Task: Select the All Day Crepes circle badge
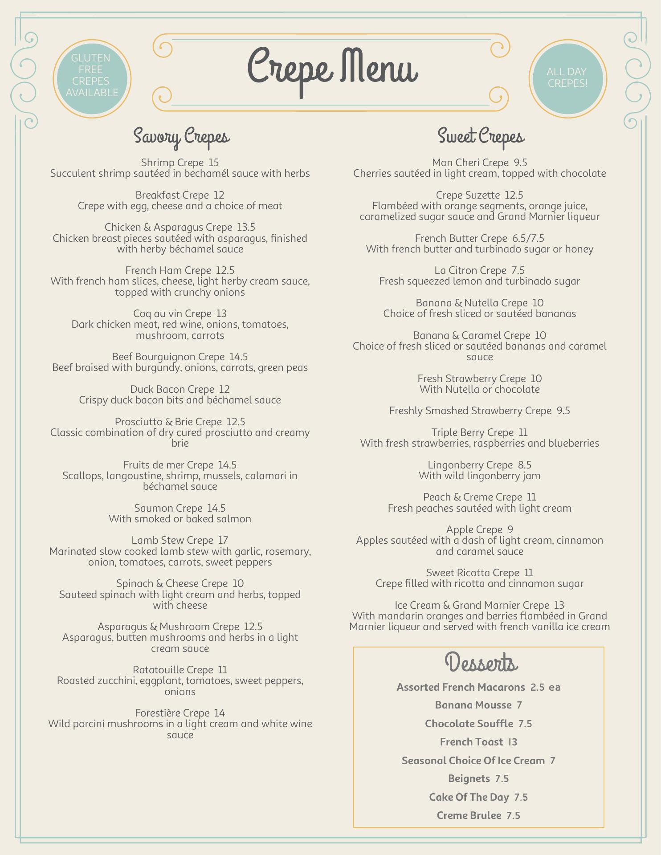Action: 567,78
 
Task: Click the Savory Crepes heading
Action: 181,136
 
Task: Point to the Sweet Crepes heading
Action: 481,136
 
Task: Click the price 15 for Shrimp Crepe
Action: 213,163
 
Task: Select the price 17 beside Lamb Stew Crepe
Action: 223,540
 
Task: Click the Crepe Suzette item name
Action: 468,195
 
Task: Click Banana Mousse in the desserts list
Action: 473,705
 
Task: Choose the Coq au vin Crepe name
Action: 172,313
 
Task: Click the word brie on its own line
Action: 180,443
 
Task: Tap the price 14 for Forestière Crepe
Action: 219,713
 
